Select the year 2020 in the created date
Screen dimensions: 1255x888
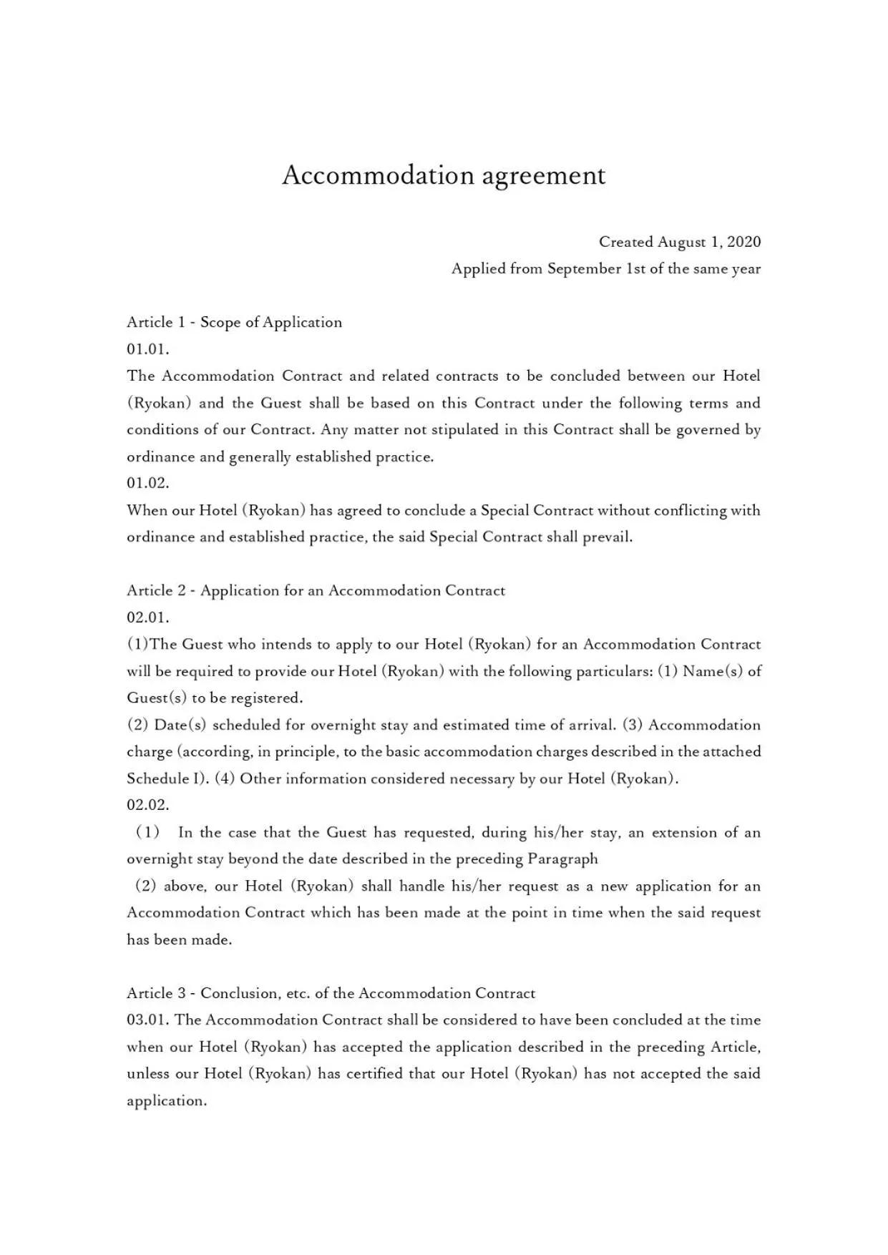[743, 242]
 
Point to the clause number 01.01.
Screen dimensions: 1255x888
[148, 349]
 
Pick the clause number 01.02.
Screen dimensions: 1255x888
[148, 483]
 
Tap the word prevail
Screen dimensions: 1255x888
[608, 537]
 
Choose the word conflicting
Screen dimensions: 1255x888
[680, 510]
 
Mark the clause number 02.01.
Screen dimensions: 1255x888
[148, 617]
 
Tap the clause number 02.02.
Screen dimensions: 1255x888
[148, 805]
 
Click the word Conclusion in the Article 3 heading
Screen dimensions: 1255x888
[240, 993]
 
